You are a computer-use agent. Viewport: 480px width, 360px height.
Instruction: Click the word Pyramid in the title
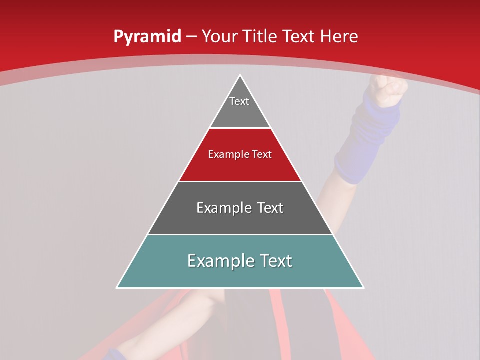147,36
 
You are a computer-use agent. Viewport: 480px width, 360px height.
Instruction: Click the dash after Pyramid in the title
191,37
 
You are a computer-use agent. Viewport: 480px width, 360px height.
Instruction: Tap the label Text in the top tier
239,101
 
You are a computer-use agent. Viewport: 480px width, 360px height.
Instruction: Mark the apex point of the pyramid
240,75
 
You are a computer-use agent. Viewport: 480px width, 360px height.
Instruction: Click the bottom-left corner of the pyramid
117,287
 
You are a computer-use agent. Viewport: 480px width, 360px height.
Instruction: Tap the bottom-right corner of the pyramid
363,287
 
